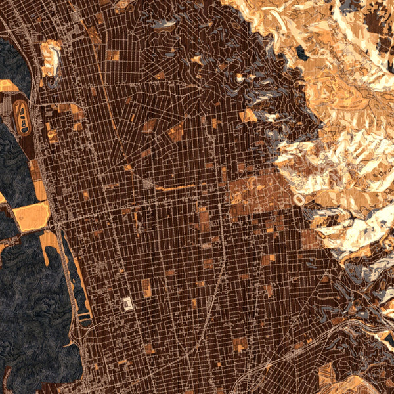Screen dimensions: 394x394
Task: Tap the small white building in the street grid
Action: (127, 303)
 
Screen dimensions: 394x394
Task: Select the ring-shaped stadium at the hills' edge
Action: (299, 198)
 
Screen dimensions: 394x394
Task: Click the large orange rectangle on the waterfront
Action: (30, 217)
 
